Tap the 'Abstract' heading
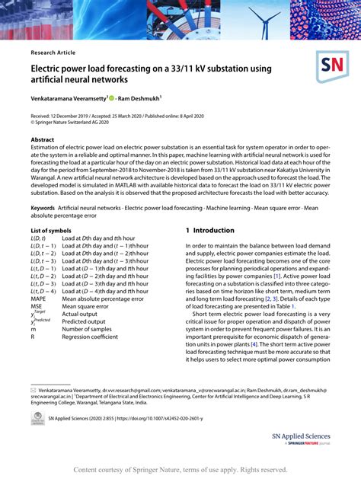click(x=43, y=140)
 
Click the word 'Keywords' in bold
click(x=43, y=206)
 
